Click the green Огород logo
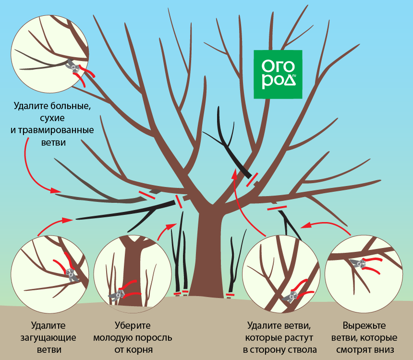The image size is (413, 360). (x=278, y=74)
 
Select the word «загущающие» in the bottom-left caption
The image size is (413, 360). (x=48, y=338)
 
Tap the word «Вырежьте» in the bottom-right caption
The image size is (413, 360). (x=364, y=326)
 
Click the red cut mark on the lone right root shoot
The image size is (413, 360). (x=230, y=294)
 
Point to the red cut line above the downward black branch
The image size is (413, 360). (x=277, y=208)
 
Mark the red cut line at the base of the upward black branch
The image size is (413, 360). (x=252, y=180)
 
